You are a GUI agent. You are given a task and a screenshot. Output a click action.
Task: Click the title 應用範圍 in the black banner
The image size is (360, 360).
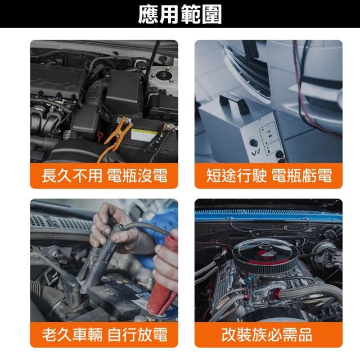pos(180,14)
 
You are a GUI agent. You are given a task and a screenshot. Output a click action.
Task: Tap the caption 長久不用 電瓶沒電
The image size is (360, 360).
pos(105,175)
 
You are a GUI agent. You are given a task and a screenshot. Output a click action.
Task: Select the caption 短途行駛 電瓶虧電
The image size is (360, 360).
pos(269,175)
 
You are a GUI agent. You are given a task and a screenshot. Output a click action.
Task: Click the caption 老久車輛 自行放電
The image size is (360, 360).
pos(105,334)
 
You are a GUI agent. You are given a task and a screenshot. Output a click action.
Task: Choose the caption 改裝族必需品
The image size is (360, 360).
pos(267,334)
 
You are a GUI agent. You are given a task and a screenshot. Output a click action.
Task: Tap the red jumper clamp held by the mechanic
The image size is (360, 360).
pos(164,276)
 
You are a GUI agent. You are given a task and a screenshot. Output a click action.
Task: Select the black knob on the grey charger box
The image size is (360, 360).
pos(253,142)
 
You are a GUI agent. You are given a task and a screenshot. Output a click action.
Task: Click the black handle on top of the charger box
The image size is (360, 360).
pos(234,103)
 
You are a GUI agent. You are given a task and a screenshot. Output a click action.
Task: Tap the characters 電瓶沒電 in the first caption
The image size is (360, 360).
pos(137,175)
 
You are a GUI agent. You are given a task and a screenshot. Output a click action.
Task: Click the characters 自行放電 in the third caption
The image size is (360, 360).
pos(137,334)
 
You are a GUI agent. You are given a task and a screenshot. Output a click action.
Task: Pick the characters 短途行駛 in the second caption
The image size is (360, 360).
pos(236,175)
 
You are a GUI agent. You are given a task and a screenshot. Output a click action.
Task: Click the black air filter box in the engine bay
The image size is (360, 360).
pos(124,92)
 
